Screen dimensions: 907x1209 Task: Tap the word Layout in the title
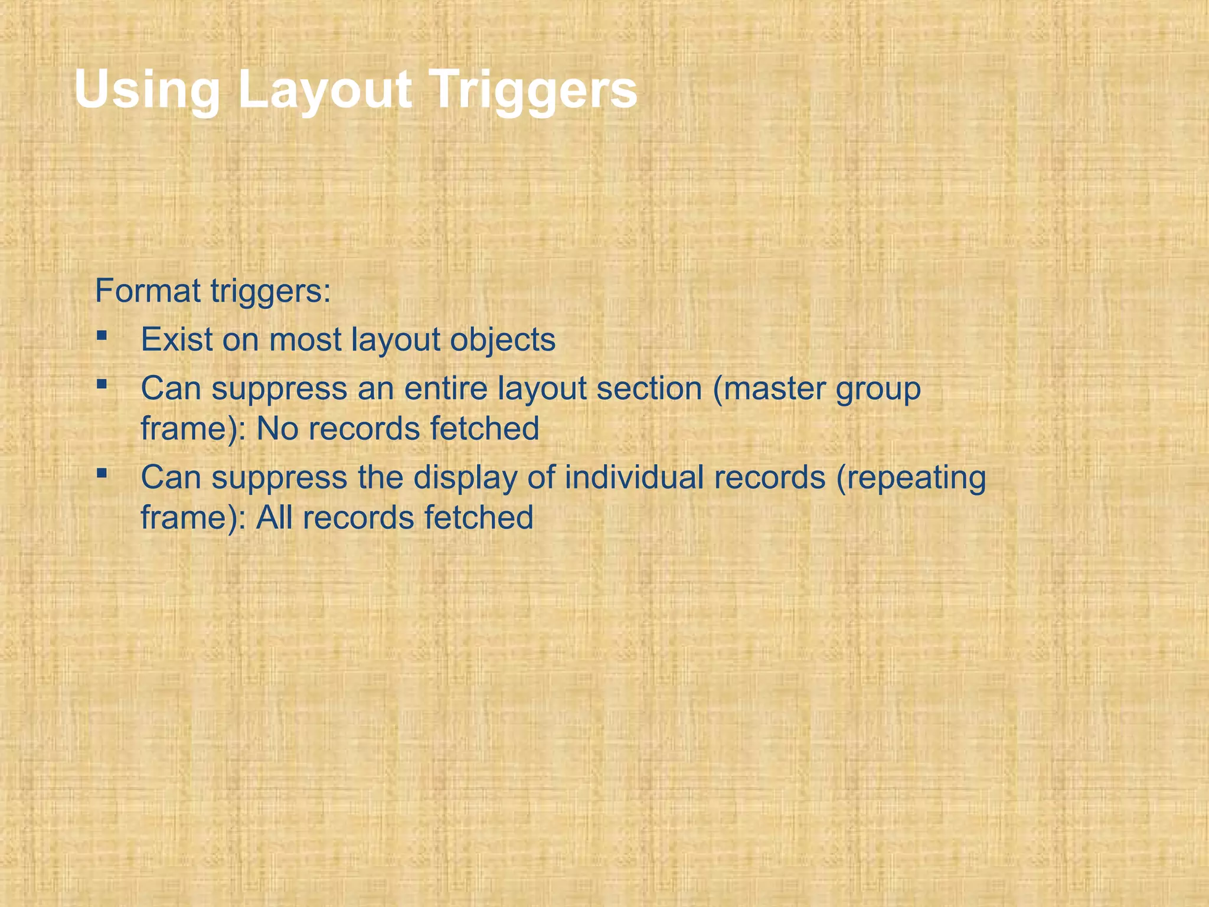click(x=325, y=90)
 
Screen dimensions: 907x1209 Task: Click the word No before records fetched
click(x=277, y=428)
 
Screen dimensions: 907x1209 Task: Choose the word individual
click(x=634, y=477)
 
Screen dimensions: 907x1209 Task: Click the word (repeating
click(x=911, y=478)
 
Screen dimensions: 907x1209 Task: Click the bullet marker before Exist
click(x=102, y=335)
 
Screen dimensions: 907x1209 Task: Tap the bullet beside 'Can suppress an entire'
click(x=102, y=384)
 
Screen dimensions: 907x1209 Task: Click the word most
click(x=305, y=340)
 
